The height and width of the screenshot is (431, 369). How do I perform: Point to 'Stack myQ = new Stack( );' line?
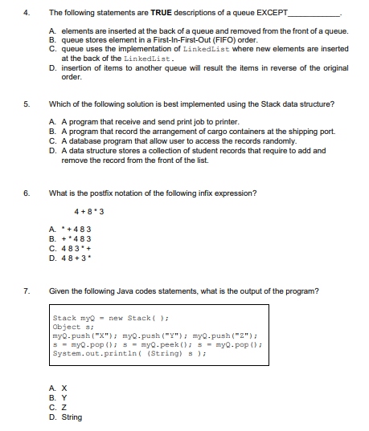coord(96,319)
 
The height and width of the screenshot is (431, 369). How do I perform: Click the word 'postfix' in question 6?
coord(96,192)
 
